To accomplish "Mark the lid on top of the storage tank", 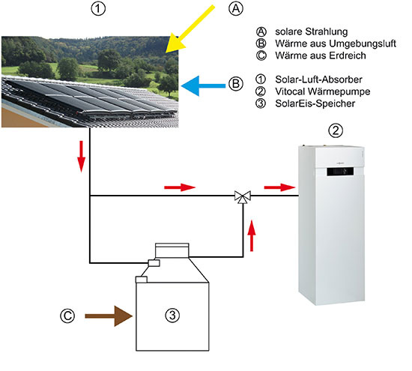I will [x=175, y=250].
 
